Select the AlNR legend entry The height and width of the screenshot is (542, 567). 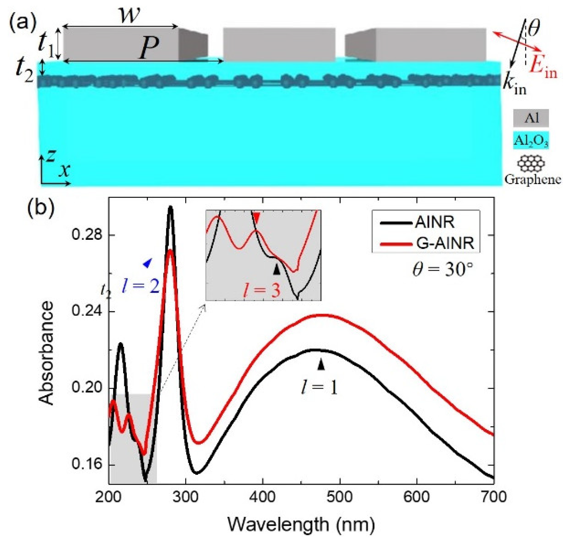434,222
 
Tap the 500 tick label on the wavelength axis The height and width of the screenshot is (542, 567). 340,497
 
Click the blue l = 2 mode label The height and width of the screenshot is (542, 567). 141,287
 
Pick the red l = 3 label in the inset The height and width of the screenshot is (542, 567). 261,290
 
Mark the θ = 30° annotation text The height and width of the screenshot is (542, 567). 443,269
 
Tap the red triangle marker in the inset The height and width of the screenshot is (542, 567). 256,218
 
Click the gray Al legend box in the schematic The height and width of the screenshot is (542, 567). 531,118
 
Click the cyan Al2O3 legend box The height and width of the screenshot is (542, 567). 531,141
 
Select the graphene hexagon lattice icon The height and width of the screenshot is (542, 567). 531,163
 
